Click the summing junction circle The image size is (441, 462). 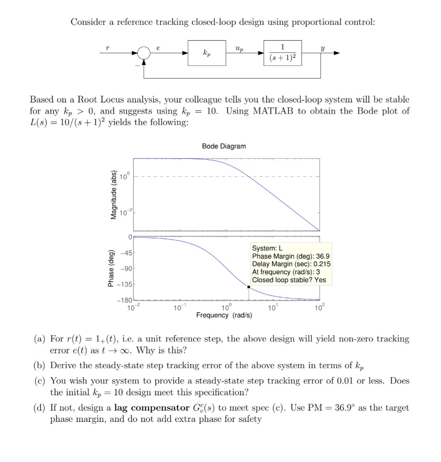144,53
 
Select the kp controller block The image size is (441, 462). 207,53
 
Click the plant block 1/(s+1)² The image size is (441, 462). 283,53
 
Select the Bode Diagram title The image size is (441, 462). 224,146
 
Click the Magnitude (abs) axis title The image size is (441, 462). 113,194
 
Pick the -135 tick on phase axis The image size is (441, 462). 125,285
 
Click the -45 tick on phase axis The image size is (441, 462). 125,253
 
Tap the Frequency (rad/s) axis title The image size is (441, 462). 224,315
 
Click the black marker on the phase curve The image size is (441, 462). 249,286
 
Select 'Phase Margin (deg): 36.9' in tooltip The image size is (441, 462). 291,256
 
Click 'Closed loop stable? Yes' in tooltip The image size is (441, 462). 289,280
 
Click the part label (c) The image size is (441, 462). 41,381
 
